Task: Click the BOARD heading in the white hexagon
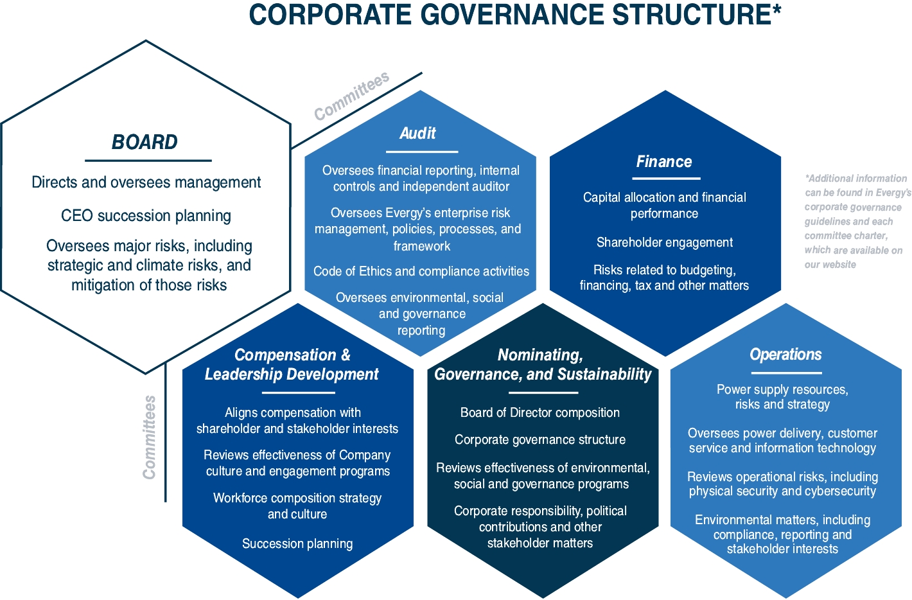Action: [x=145, y=142]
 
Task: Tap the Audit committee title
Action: [x=417, y=133]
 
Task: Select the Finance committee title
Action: [x=664, y=161]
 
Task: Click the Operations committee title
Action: [x=785, y=354]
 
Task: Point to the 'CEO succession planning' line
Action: [x=146, y=216]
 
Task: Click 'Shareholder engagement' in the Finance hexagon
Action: [x=664, y=242]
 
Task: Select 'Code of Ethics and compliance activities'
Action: [x=421, y=271]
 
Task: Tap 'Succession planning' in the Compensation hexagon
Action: [x=297, y=543]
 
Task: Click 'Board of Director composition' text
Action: [x=540, y=412]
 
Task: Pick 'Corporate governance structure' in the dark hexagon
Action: [x=540, y=439]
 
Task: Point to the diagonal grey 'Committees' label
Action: [x=351, y=96]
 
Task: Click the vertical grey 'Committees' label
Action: [x=150, y=437]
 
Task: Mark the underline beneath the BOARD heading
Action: [x=148, y=161]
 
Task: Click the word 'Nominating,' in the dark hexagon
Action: [x=540, y=355]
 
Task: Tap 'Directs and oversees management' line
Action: [x=146, y=182]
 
